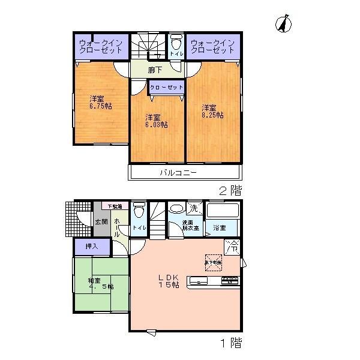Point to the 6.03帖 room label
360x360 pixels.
click(x=156, y=121)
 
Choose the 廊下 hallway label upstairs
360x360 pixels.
click(x=155, y=70)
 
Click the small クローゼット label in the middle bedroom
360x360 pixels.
click(x=166, y=88)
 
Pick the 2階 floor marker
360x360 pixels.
click(x=230, y=192)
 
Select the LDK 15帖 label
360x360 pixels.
click(x=169, y=281)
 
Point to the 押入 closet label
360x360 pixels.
click(x=92, y=246)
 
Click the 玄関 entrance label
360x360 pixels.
click(x=101, y=222)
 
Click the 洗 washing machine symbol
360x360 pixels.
click(x=194, y=209)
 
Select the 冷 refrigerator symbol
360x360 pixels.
click(x=232, y=245)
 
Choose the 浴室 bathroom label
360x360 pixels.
click(x=219, y=228)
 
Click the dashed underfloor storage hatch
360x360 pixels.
click(x=213, y=262)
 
